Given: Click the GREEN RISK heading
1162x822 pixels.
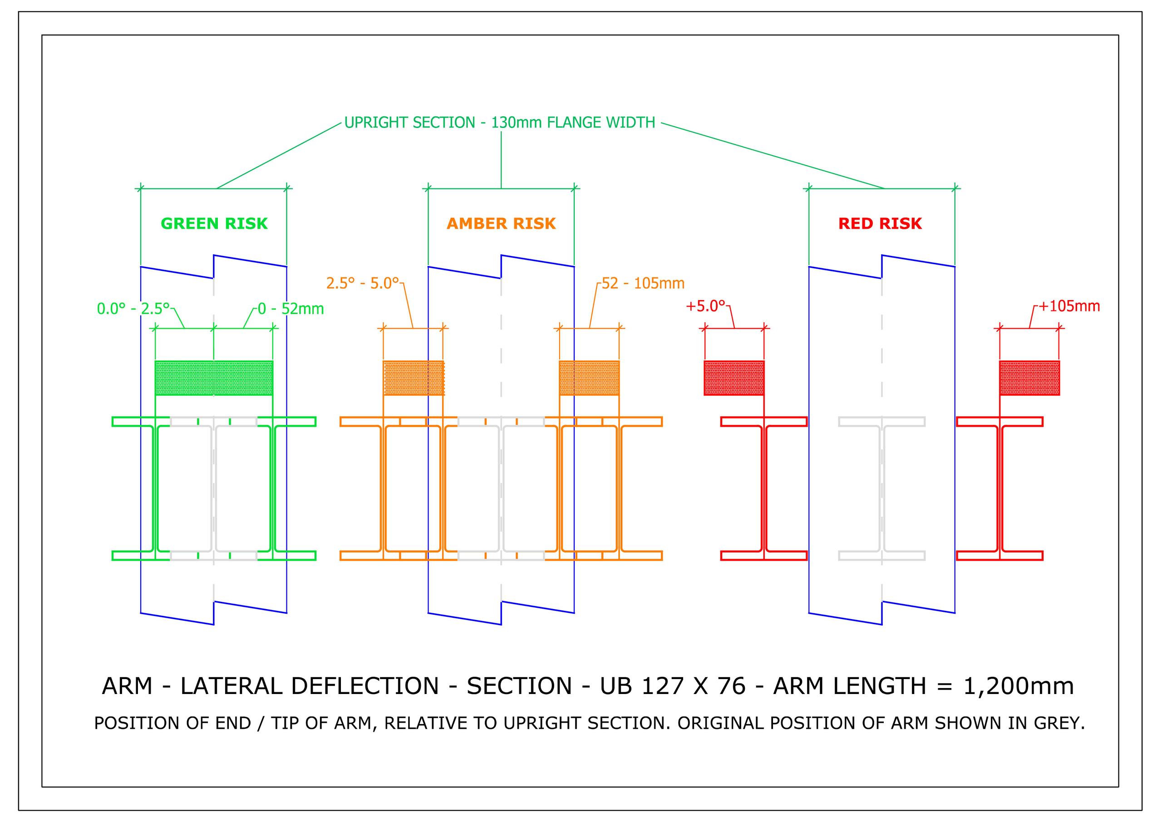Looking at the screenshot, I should (214, 223).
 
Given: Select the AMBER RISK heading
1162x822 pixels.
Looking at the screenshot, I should (501, 223).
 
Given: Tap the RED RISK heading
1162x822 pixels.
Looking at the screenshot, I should (880, 223).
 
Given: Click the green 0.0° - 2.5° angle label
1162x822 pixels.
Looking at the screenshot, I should (133, 308).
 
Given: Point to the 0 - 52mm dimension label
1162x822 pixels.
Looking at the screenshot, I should (290, 308).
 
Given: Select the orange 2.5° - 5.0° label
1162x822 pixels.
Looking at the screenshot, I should (362, 283).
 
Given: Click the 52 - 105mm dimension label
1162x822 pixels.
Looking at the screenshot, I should (643, 283).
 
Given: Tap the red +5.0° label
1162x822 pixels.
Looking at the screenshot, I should (705, 306).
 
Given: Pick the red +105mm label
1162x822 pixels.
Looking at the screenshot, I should (1069, 306).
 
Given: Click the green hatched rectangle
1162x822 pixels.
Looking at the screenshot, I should (214, 378).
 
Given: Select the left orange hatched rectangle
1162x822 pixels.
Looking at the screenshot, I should (413, 378).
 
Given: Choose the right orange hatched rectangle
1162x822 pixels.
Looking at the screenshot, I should (589, 378).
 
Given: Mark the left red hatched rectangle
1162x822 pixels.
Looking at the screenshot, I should (734, 378).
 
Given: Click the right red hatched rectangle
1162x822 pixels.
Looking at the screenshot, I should (1029, 378).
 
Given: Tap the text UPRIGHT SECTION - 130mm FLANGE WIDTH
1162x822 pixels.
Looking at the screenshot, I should (499, 123).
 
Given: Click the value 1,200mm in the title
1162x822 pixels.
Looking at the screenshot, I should (1018, 686).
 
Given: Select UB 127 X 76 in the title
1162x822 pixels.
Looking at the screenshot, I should (673, 686).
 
